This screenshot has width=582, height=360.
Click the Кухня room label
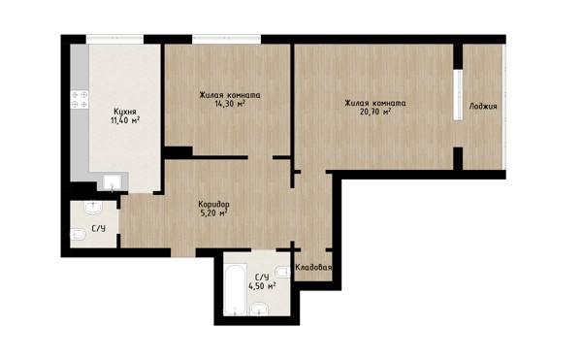point(125,112)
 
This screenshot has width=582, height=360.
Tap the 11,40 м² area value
point(125,120)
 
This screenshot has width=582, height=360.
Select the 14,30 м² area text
point(230,104)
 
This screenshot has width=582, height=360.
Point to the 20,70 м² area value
point(375,112)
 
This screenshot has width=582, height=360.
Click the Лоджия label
point(483,107)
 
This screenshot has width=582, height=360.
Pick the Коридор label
point(213,205)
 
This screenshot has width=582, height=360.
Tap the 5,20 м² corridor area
point(213,213)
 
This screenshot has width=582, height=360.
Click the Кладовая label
point(313,267)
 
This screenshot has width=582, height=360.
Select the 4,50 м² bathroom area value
point(262,286)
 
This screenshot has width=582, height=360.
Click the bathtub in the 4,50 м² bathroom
point(236,289)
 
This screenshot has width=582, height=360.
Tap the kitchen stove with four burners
point(80,99)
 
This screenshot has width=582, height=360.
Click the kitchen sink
point(113,182)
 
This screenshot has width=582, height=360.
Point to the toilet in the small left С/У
point(78,234)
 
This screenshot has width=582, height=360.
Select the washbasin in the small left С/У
point(93,207)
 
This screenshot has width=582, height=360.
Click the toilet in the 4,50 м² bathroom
point(283,272)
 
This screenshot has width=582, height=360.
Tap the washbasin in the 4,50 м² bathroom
point(259,309)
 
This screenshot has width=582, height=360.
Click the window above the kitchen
point(115,39)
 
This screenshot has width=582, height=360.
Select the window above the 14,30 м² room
point(226,39)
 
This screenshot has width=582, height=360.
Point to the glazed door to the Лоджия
point(458,95)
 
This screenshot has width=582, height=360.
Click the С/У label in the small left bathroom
point(98,229)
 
